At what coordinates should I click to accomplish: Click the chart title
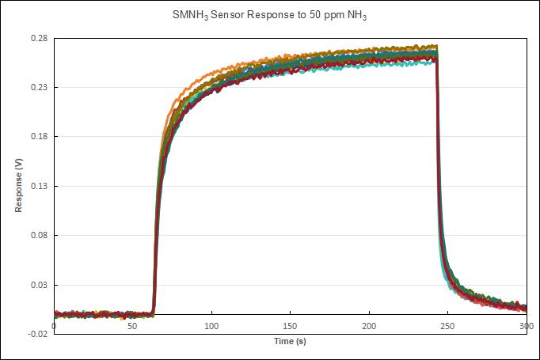point(270,15)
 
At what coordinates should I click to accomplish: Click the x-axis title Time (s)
point(290,341)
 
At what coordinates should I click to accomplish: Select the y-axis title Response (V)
point(18,185)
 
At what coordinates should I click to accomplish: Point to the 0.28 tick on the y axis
point(39,38)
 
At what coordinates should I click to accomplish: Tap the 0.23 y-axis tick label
point(39,87)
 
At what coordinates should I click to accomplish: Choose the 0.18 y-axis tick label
point(39,137)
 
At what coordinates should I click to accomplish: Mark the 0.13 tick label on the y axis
point(39,186)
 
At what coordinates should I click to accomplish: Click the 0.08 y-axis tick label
point(39,236)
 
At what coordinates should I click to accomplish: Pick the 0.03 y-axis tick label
point(39,285)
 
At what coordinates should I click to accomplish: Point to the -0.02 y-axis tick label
point(38,334)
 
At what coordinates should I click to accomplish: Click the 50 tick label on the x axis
point(132,326)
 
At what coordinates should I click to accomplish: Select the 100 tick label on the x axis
point(211,326)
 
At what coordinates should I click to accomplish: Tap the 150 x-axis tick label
point(290,326)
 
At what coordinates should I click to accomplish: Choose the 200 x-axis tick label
point(369,326)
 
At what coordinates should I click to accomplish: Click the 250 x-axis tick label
point(447,326)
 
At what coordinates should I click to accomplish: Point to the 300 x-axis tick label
point(527,326)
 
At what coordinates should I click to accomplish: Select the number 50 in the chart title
point(315,15)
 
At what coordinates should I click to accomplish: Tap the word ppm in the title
point(334,16)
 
